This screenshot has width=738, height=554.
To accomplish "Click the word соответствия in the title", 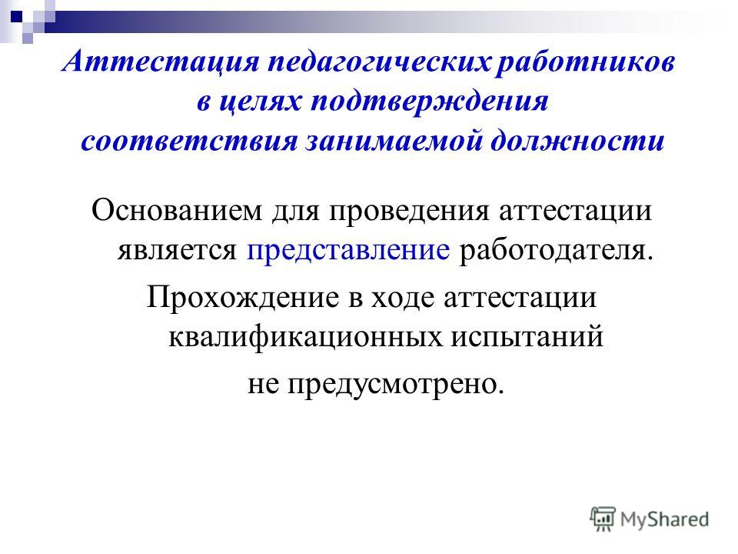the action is point(189,141).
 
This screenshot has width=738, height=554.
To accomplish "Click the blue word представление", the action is point(348,251).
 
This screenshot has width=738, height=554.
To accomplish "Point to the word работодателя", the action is point(557,251).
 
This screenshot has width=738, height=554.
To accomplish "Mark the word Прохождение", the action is point(243,298).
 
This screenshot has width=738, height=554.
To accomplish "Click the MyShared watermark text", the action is point(664,519).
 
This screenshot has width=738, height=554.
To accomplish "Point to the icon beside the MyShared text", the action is point(603,519).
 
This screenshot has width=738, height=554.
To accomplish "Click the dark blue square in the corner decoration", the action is point(16,16).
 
